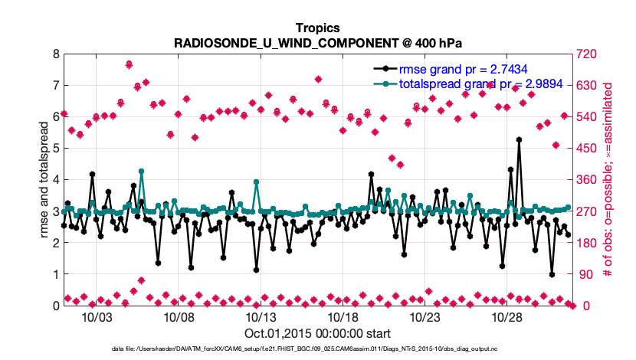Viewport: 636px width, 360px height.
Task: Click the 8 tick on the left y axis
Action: (55, 54)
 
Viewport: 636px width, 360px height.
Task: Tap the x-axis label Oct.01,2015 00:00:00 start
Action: (318, 333)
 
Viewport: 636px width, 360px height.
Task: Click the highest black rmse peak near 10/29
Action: (519, 140)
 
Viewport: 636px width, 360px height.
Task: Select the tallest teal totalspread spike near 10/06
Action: (141, 172)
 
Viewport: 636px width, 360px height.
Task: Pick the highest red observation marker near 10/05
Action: (129, 64)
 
